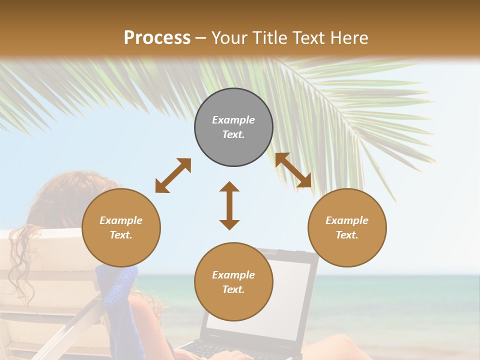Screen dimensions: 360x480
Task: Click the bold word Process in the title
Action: (157, 38)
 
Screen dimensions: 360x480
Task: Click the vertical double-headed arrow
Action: (229, 205)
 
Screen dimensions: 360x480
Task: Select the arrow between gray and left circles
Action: (173, 175)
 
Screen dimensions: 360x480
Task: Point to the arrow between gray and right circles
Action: (293, 170)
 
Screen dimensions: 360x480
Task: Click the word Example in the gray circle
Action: (233, 120)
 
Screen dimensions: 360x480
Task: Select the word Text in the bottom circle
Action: (233, 289)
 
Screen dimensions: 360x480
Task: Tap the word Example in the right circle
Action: (347, 220)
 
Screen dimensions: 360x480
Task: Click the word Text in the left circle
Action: (121, 235)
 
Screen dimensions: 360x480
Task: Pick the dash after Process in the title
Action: (200, 38)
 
